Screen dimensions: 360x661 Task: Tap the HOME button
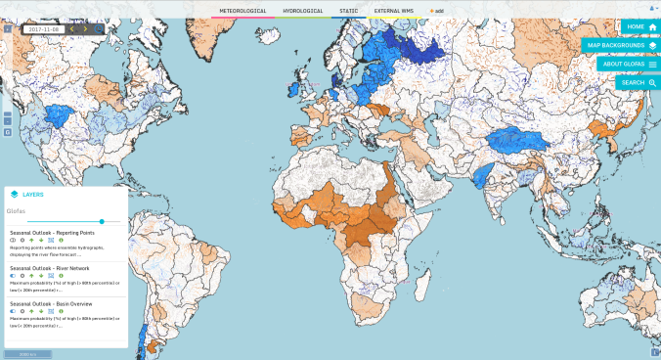(640, 26)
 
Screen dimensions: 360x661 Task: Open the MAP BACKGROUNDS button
(621, 45)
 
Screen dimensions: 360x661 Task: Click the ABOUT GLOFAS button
(629, 64)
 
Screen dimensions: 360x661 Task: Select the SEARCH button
(639, 82)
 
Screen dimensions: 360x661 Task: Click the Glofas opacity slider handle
(102, 221)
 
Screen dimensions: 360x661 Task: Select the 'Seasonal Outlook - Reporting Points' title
(54, 233)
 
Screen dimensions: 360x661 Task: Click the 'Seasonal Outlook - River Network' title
(50, 267)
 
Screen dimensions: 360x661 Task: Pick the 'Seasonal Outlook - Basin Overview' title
(52, 302)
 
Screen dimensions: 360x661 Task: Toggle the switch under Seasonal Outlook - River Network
(14, 275)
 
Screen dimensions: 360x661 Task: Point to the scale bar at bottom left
(21, 353)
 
